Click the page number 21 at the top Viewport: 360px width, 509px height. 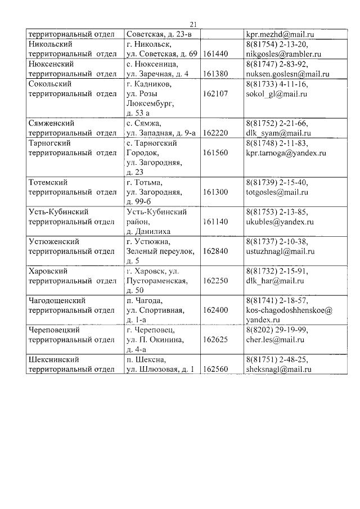193,24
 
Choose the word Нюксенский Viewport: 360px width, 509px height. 51,64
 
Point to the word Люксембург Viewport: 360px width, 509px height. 152,103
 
